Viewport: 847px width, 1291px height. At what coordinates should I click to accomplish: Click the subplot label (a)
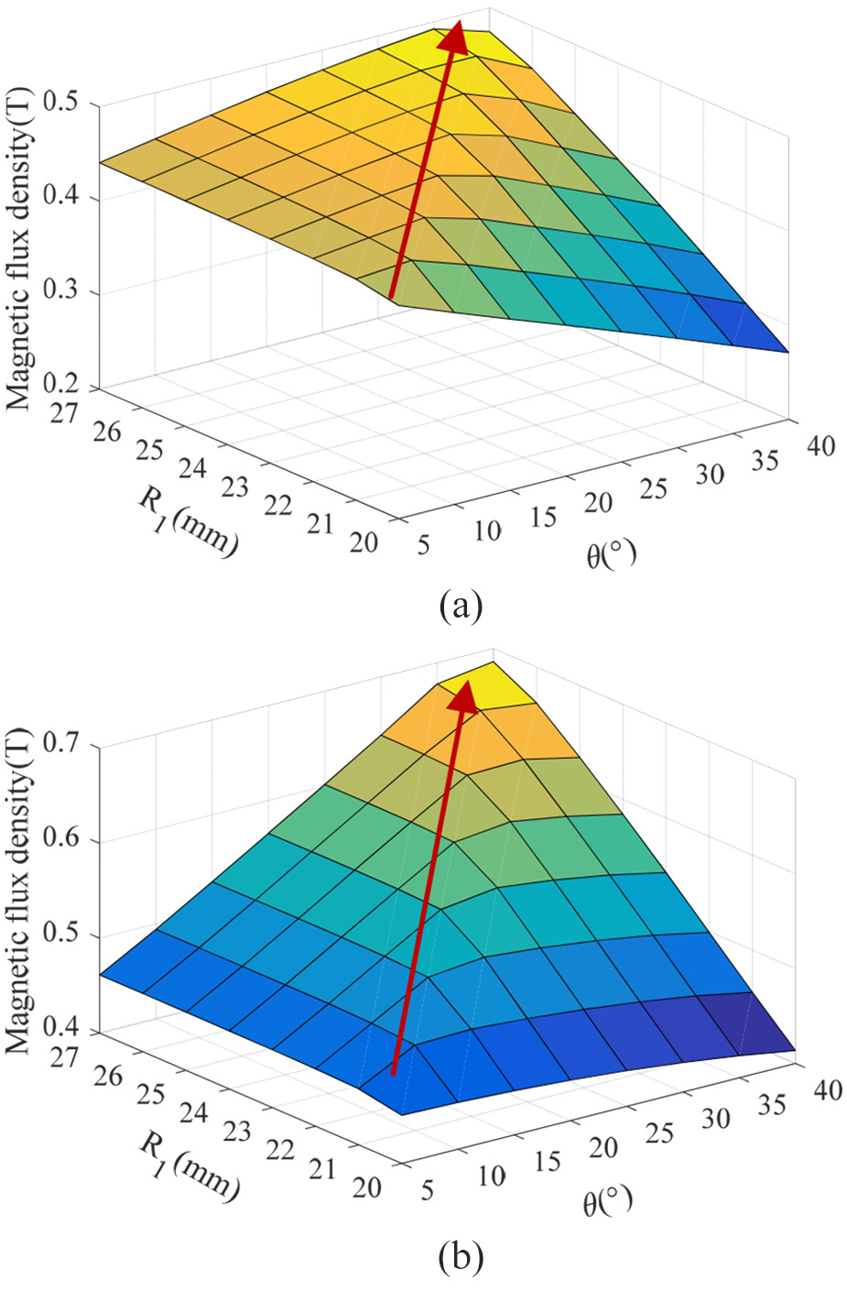tap(461, 606)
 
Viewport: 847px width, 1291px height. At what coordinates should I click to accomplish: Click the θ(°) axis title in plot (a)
tap(611, 554)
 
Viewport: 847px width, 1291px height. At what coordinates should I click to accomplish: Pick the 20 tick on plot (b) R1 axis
tap(364, 1187)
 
